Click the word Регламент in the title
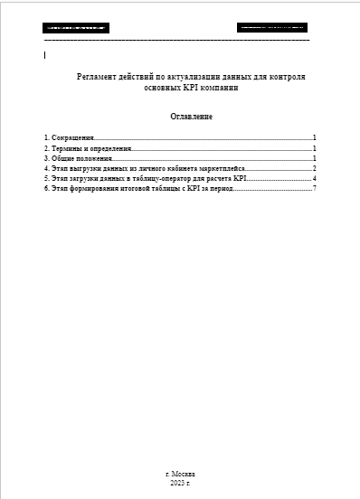click(99, 78)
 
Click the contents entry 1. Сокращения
click(70, 137)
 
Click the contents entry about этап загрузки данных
click(145, 179)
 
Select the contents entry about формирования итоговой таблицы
click(139, 189)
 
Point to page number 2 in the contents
click(313, 168)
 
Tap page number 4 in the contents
click(313, 179)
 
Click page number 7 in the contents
click(313, 189)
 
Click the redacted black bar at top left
click(74, 28)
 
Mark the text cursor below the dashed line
click(45, 55)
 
